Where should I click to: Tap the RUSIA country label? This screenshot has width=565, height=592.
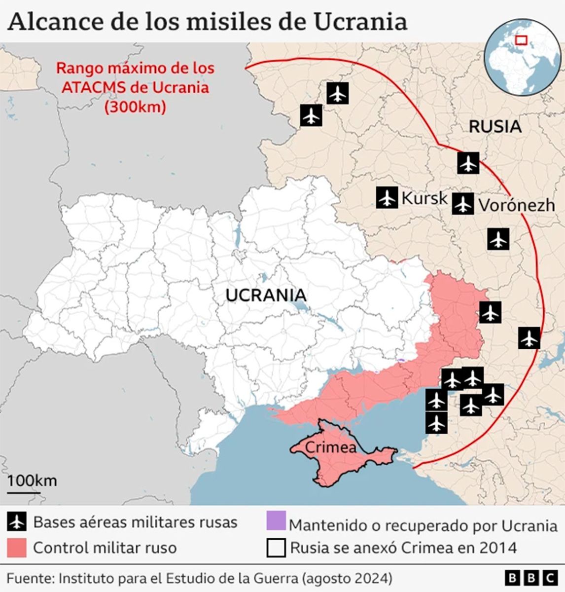pyautogui.click(x=494, y=126)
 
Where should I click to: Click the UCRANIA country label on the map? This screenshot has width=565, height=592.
pyautogui.click(x=266, y=295)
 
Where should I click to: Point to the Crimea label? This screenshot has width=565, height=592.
pyautogui.click(x=331, y=447)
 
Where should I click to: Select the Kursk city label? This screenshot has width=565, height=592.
pyautogui.click(x=424, y=198)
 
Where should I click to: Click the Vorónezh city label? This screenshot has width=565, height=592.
pyautogui.click(x=517, y=205)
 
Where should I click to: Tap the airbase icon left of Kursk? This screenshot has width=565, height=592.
pyautogui.click(x=387, y=198)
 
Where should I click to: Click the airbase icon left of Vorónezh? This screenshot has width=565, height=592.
pyautogui.click(x=462, y=204)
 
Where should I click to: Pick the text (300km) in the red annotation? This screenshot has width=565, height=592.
pyautogui.click(x=134, y=107)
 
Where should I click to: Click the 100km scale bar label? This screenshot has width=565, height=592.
pyautogui.click(x=32, y=480)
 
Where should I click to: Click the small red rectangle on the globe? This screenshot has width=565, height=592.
pyautogui.click(x=521, y=40)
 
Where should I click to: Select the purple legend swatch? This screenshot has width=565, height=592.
pyautogui.click(x=276, y=521)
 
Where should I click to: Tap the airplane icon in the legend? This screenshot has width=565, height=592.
pyautogui.click(x=17, y=521)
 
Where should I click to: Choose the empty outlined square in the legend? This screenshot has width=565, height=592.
pyautogui.click(x=276, y=548)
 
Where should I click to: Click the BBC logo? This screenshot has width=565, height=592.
pyautogui.click(x=531, y=578)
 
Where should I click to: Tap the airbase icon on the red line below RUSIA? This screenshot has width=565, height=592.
pyautogui.click(x=468, y=163)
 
